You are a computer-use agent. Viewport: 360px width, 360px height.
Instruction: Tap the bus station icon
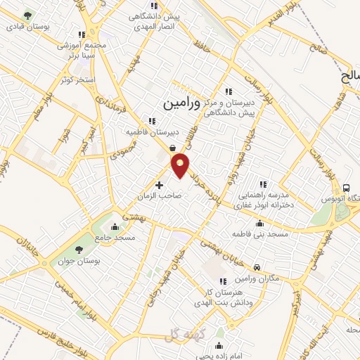coord(347,188)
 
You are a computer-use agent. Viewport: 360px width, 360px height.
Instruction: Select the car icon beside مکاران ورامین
coord(257,267)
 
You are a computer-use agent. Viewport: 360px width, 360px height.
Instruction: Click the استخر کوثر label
coord(77,79)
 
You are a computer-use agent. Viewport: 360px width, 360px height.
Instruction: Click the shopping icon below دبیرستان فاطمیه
coord(172,148)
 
